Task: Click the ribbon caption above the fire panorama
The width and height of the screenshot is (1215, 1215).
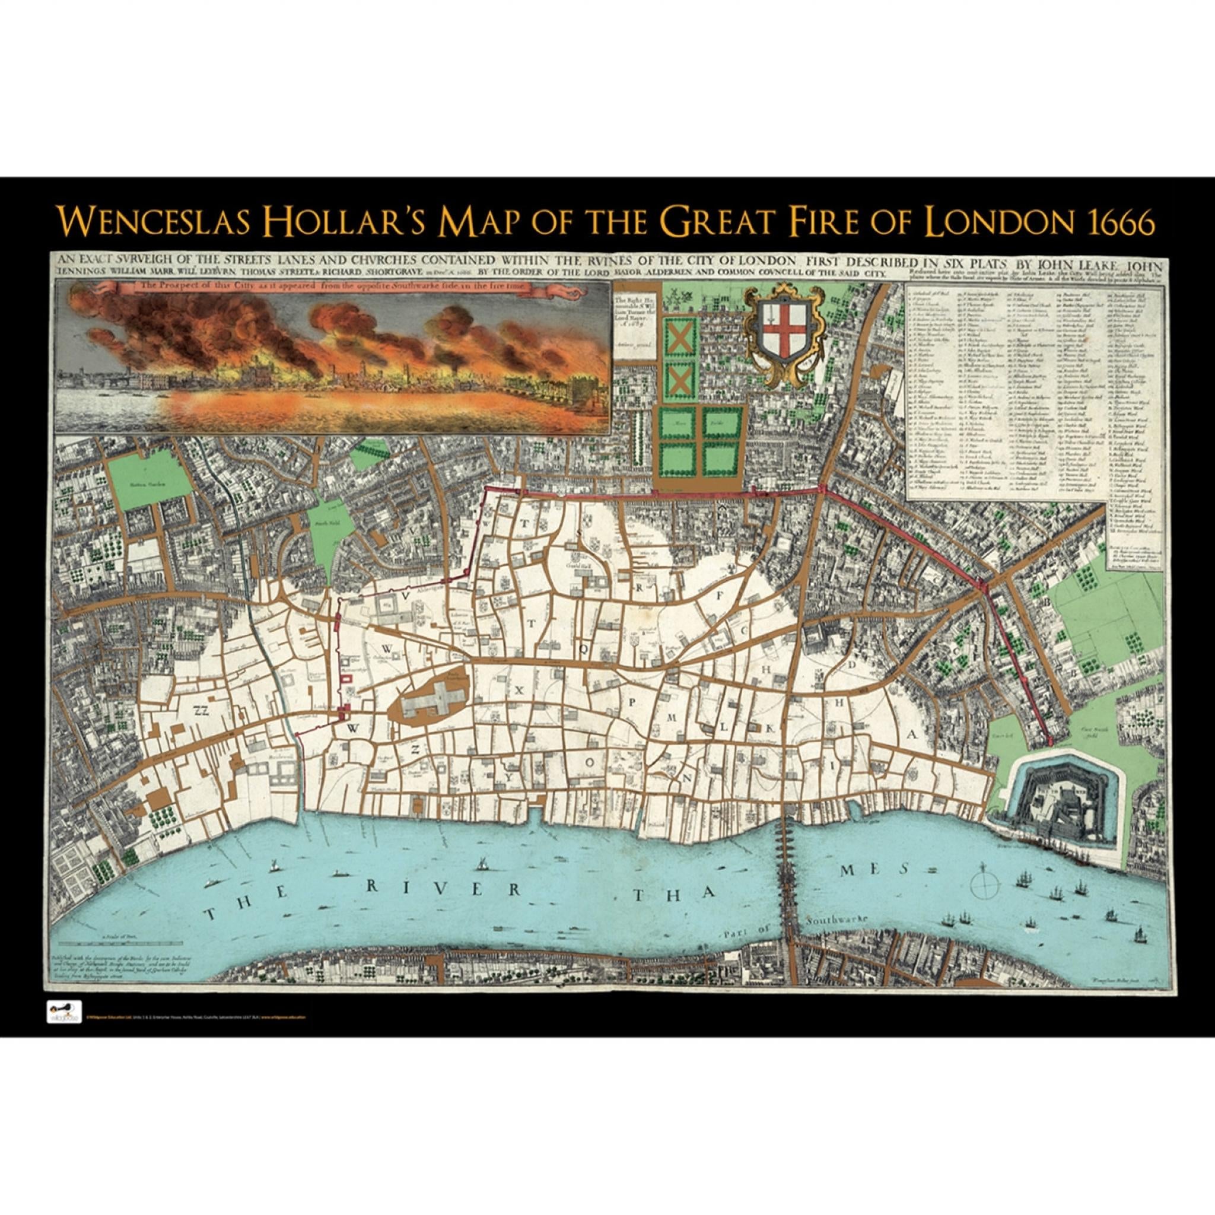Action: tap(332, 287)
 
